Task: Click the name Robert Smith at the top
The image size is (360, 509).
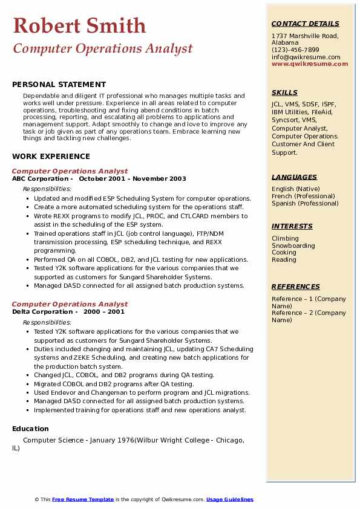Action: tap(79, 26)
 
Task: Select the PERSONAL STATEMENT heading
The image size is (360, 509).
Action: tap(59, 85)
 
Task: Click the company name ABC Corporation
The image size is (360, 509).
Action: tap(41, 179)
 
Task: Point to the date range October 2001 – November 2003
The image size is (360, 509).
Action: tap(133, 179)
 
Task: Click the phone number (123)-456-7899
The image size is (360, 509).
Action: tap(295, 50)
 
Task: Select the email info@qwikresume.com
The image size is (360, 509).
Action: tap(306, 57)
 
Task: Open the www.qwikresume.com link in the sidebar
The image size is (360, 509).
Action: tap(306, 64)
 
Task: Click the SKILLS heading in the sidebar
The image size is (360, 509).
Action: tap(284, 93)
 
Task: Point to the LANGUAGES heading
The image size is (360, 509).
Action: tap(294, 178)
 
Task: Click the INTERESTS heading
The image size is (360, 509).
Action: tap(292, 227)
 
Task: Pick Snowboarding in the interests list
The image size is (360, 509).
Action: tap(293, 246)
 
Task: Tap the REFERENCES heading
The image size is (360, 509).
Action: tap(296, 287)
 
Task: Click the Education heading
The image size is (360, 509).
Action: tap(30, 429)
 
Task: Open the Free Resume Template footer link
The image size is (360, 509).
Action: tap(83, 499)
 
